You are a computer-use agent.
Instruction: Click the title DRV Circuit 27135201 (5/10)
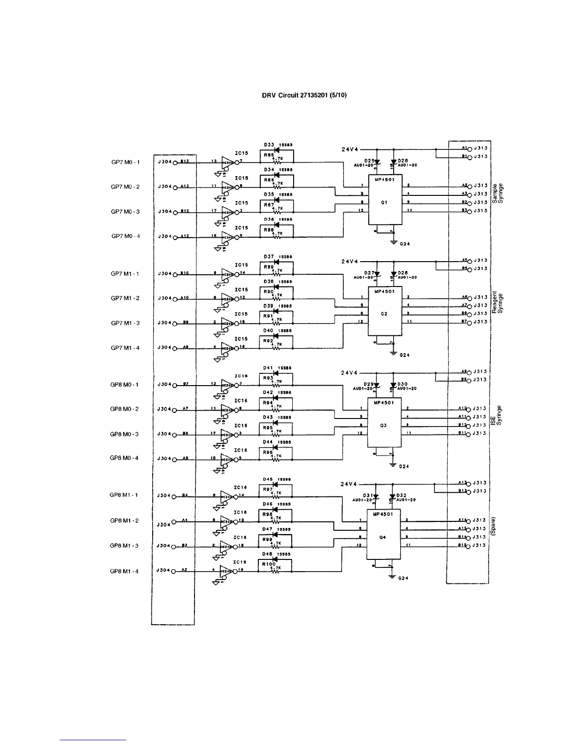[304, 95]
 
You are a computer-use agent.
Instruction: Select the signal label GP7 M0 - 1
[125, 162]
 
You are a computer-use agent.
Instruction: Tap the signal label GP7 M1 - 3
[125, 323]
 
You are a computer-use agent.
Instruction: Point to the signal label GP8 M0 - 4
[124, 458]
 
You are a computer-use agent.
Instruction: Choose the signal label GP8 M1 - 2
[124, 520]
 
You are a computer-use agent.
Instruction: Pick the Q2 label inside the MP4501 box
[384, 313]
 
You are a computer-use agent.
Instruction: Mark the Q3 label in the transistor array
[384, 425]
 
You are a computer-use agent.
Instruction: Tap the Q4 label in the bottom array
[383, 537]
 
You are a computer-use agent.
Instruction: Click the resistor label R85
[268, 155]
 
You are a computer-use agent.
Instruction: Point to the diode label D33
[269, 145]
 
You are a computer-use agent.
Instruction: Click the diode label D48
[267, 554]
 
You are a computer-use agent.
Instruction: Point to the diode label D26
[402, 161]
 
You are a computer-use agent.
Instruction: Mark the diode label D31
[368, 496]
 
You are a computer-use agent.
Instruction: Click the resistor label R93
[268, 378]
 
